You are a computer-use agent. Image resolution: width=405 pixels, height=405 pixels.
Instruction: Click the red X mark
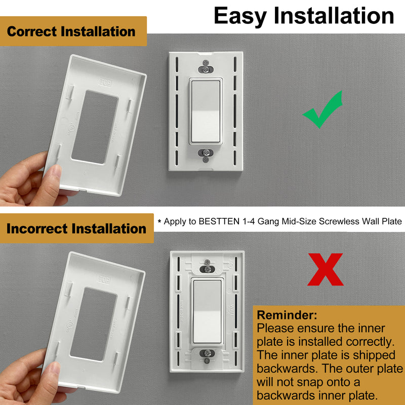[x=326, y=269]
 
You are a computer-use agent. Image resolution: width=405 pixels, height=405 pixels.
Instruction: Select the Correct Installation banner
[x=71, y=31]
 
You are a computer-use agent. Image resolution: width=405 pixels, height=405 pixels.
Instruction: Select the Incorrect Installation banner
[x=76, y=229]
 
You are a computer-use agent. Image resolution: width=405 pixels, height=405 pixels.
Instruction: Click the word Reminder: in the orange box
[x=287, y=315]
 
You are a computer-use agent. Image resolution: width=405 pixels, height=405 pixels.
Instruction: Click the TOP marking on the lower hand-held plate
[x=104, y=279]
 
